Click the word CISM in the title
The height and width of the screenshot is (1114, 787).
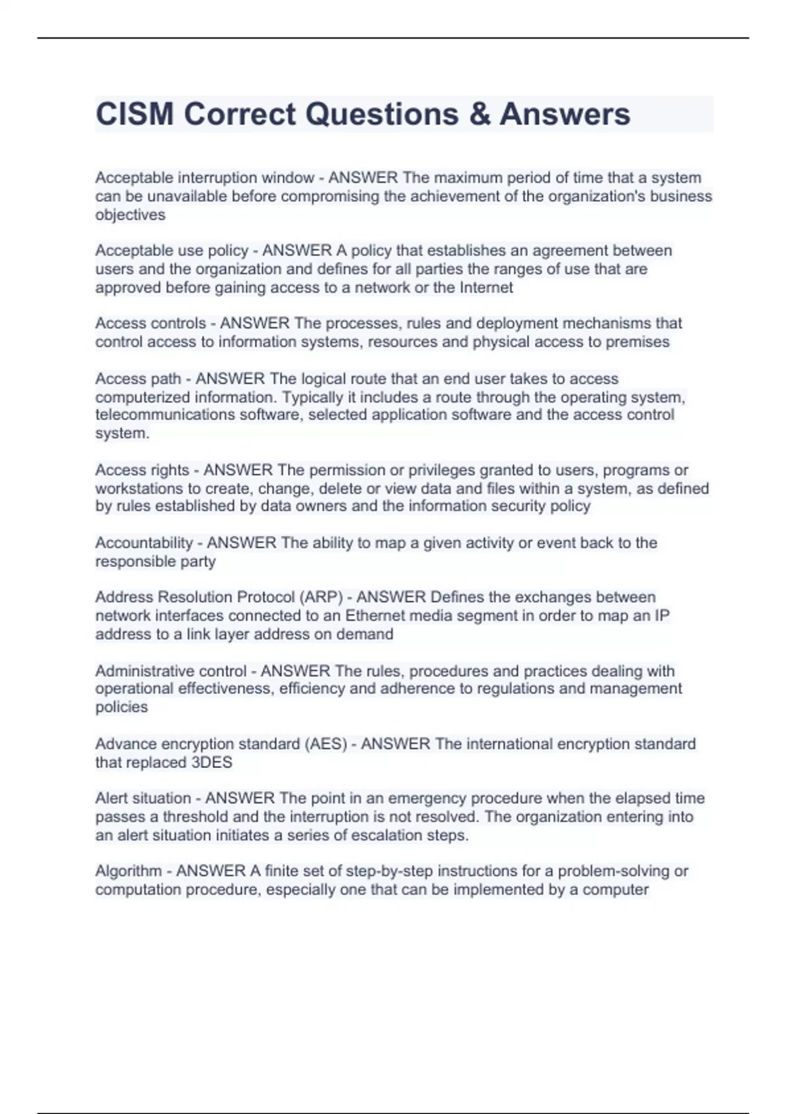[134, 114]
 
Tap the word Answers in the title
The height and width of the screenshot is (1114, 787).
[565, 114]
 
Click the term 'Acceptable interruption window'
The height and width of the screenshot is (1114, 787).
[205, 178]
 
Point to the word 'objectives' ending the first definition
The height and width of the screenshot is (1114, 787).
[130, 214]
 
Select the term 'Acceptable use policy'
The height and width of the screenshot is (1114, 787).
[172, 250]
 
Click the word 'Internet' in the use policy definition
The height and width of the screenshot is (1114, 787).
[486, 287]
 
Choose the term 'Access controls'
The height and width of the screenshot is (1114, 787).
[150, 323]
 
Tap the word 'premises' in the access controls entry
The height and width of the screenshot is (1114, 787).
[637, 341]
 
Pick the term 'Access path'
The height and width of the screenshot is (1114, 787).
[138, 378]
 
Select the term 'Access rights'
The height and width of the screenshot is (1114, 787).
[142, 470]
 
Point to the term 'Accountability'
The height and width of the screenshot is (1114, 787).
[144, 543]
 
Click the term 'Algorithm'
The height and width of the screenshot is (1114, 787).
[128, 871]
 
